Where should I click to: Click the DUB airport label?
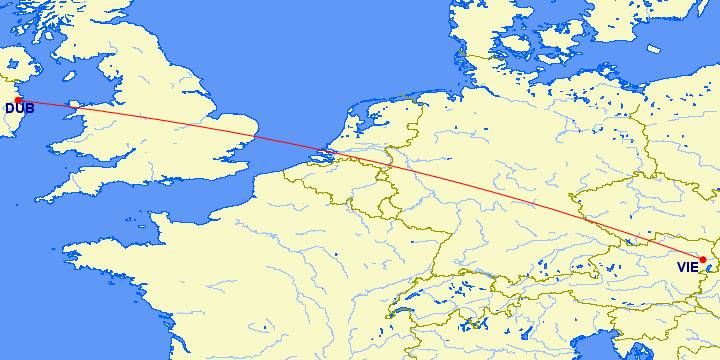click(19, 108)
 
